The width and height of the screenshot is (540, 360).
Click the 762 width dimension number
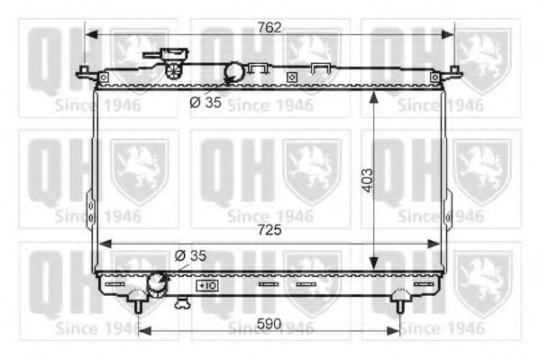(268, 27)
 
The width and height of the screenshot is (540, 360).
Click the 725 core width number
(268, 231)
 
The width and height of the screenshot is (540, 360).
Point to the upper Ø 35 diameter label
(205, 101)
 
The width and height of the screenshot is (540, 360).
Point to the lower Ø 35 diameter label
(190, 255)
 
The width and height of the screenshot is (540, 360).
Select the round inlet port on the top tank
(233, 71)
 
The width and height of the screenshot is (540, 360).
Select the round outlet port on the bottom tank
(157, 284)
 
